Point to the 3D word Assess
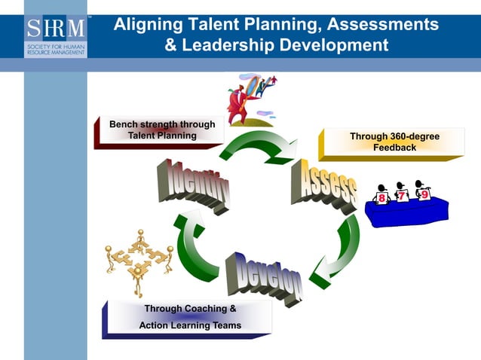pos(323,185)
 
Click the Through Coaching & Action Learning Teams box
pos(188,318)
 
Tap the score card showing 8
pos(382,198)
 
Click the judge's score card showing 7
pos(403,196)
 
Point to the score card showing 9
pos(424,194)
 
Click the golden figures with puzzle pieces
pos(139,261)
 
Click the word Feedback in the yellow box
pos(394,148)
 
